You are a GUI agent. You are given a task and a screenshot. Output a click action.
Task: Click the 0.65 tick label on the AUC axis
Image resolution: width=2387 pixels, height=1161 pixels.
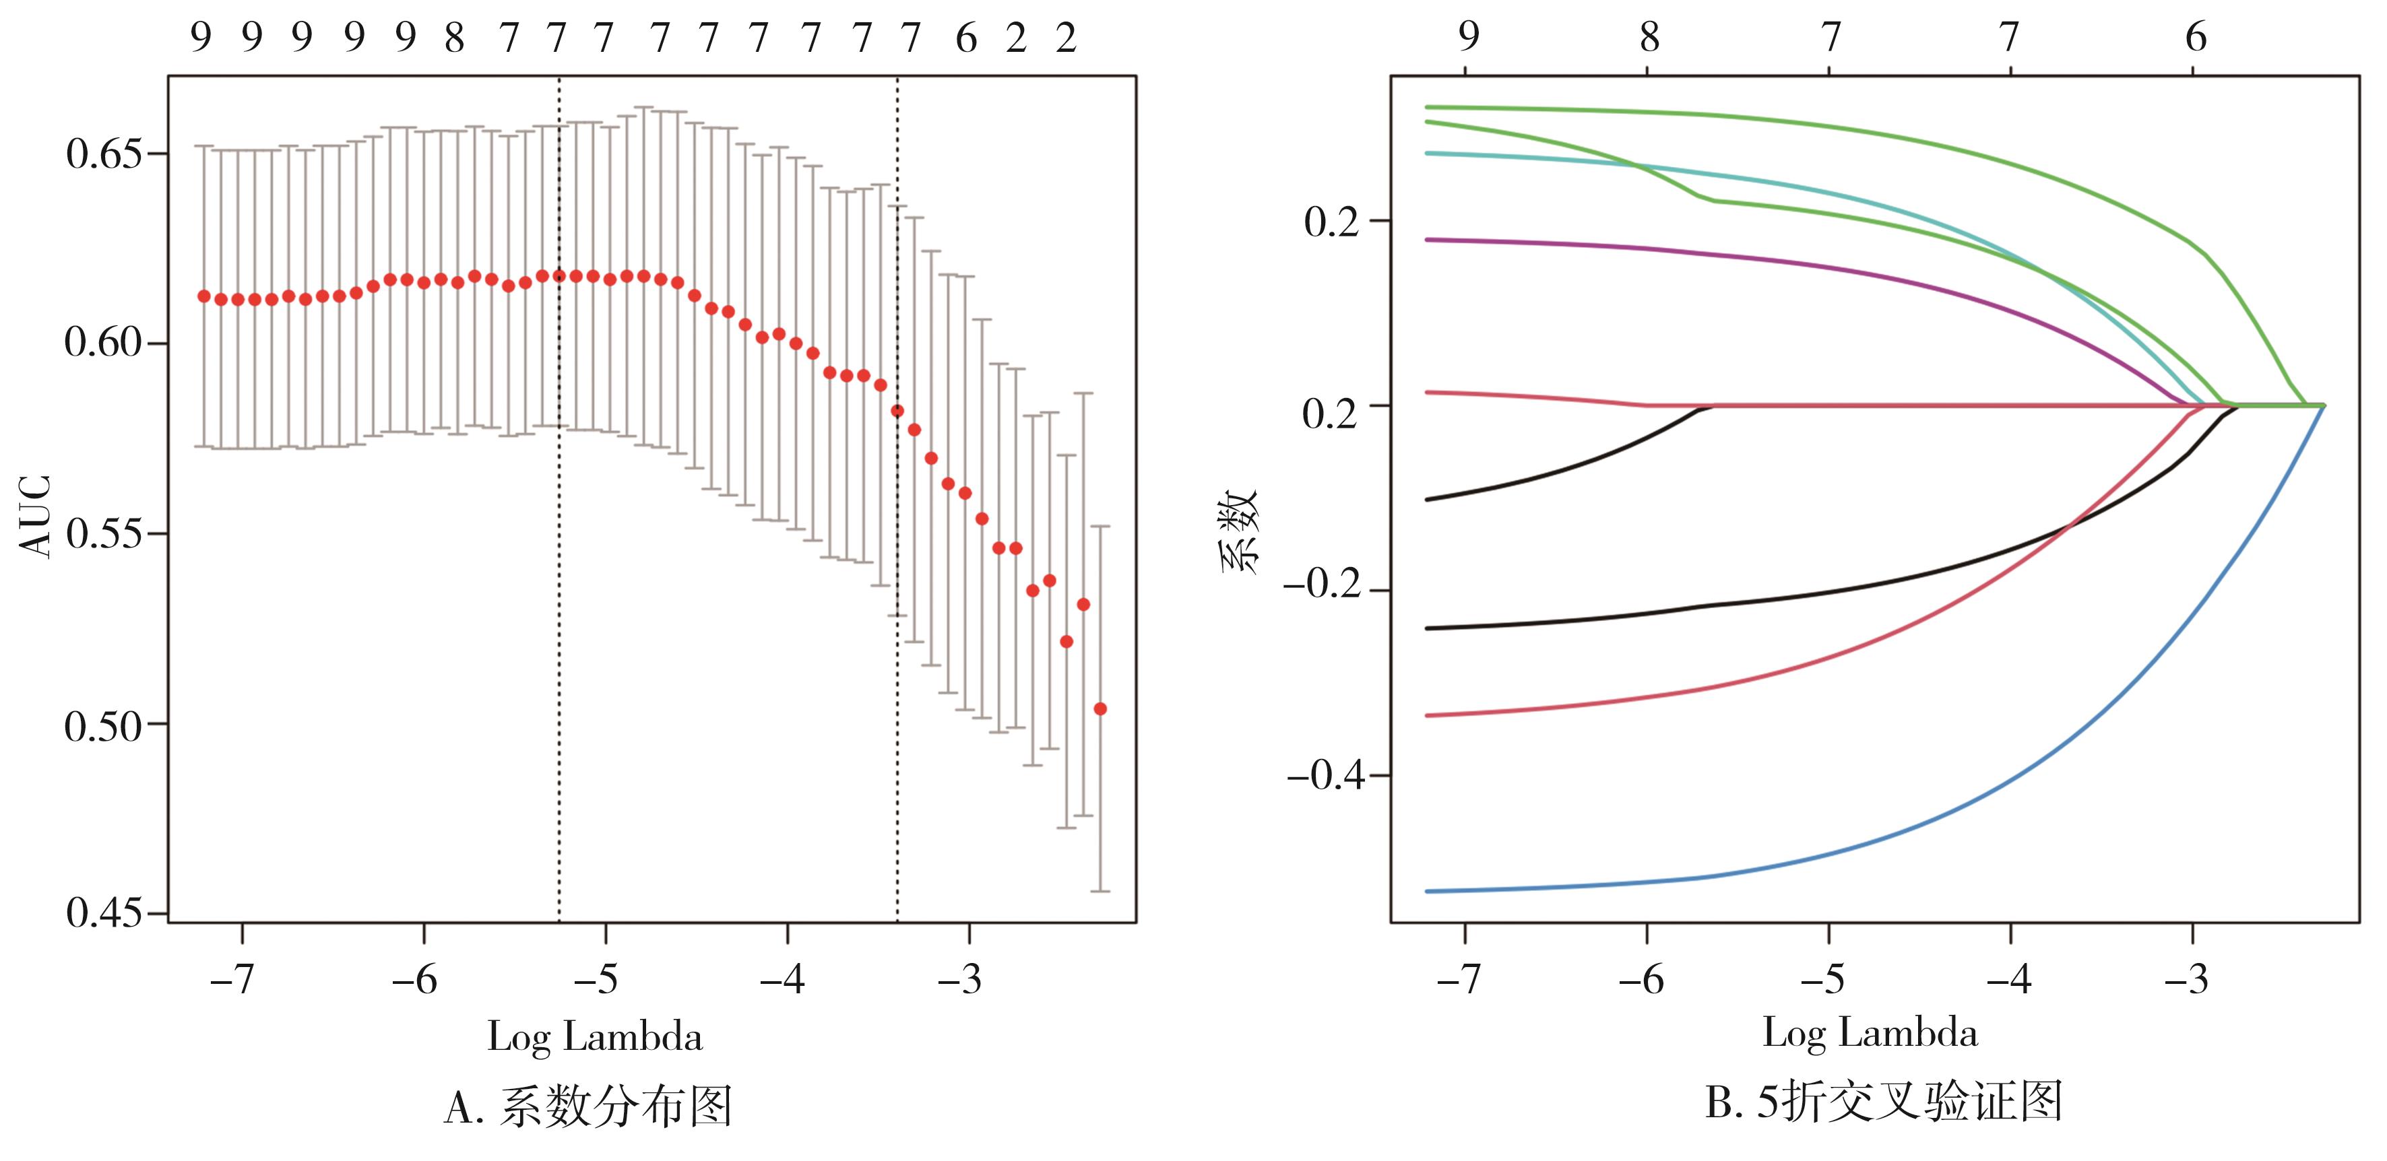click(103, 154)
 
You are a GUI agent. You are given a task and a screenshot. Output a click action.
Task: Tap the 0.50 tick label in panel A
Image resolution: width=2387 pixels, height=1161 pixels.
click(103, 725)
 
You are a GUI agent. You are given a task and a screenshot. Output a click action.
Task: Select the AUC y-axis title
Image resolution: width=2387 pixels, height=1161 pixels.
click(35, 516)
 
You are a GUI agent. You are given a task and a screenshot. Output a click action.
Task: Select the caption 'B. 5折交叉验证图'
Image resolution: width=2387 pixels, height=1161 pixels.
click(1884, 1102)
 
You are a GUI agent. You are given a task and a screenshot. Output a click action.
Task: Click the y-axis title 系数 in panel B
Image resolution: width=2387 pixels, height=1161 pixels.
click(1240, 532)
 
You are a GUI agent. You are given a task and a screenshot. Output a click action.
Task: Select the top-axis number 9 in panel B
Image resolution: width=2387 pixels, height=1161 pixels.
click(1468, 37)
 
